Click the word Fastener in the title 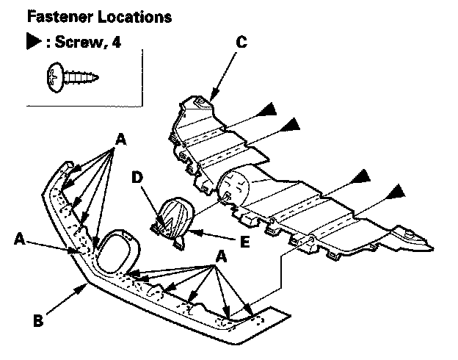click(x=60, y=17)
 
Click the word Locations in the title click(x=134, y=17)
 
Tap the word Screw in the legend click(x=79, y=42)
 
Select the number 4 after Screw click(x=116, y=42)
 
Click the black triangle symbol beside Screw click(x=33, y=41)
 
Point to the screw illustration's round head click(x=54, y=77)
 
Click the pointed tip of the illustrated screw click(x=98, y=78)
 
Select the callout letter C click(x=241, y=42)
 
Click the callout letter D click(x=137, y=177)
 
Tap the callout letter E click(x=244, y=242)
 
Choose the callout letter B click(x=38, y=320)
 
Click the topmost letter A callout click(x=120, y=139)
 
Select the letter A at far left click(x=20, y=239)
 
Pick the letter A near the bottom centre click(x=221, y=256)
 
